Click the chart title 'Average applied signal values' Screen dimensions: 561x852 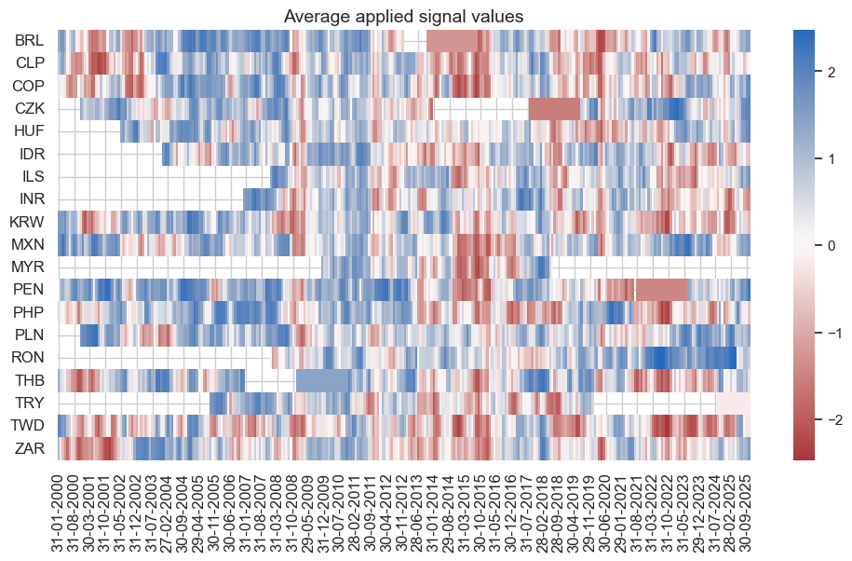pyautogui.click(x=403, y=16)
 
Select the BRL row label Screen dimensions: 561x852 pyautogui.click(x=29, y=41)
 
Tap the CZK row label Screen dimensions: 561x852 pyautogui.click(x=29, y=109)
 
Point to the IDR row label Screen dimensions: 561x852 pyautogui.click(x=32, y=154)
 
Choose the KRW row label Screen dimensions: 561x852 pyautogui.click(x=27, y=222)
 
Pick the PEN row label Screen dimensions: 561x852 pyautogui.click(x=29, y=290)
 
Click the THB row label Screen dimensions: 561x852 pyautogui.click(x=30, y=380)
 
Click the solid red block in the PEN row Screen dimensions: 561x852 pyautogui.click(x=661, y=290)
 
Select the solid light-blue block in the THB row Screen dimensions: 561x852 pyautogui.click(x=324, y=380)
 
